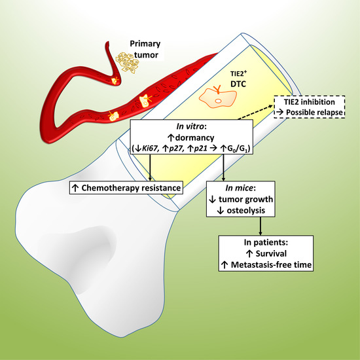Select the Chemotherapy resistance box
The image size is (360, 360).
tap(126, 190)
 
